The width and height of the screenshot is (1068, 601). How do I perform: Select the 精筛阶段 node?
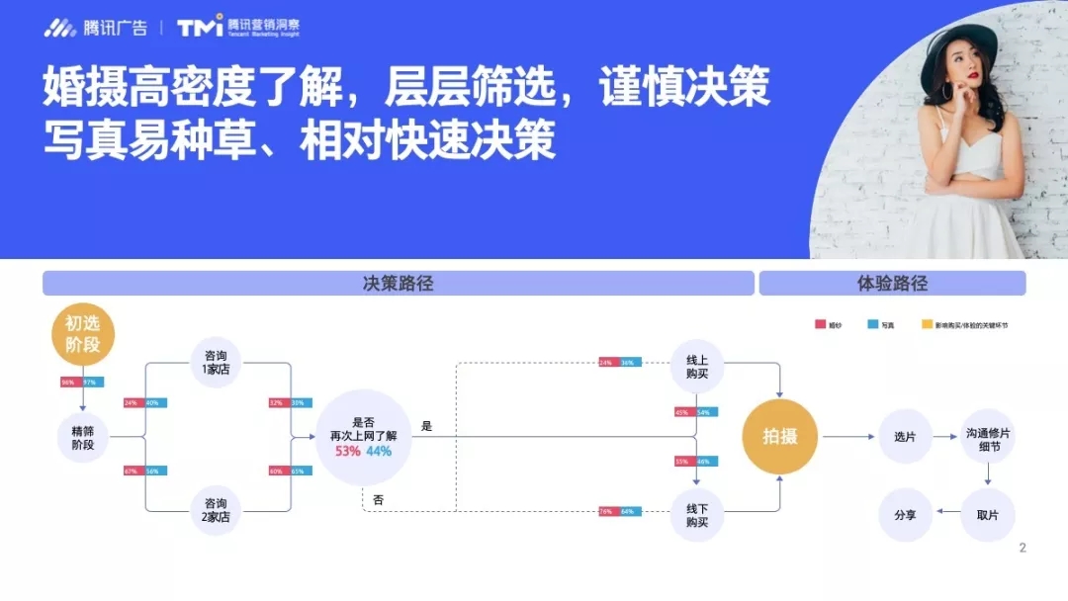tap(83, 437)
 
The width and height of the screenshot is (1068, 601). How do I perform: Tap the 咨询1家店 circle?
tap(216, 362)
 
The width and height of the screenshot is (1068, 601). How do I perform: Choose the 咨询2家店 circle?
tap(216, 509)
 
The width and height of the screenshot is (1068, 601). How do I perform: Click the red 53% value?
tap(348, 452)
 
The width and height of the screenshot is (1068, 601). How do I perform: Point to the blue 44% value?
tap(379, 452)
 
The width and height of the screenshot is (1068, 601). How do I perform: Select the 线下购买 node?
tap(697, 515)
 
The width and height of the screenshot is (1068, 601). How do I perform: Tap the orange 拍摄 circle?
tap(780, 436)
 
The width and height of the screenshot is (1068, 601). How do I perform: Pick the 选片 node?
tap(905, 436)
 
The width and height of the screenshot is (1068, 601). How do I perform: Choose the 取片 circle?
tap(988, 515)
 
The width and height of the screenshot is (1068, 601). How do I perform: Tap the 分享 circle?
tap(905, 515)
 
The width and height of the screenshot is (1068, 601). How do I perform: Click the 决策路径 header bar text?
tap(399, 284)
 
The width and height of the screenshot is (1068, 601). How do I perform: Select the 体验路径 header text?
tap(892, 284)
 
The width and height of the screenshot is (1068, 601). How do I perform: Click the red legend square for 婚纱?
tap(821, 324)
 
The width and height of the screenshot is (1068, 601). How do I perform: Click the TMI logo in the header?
tap(200, 27)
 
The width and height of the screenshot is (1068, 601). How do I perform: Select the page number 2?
tap(1023, 548)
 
